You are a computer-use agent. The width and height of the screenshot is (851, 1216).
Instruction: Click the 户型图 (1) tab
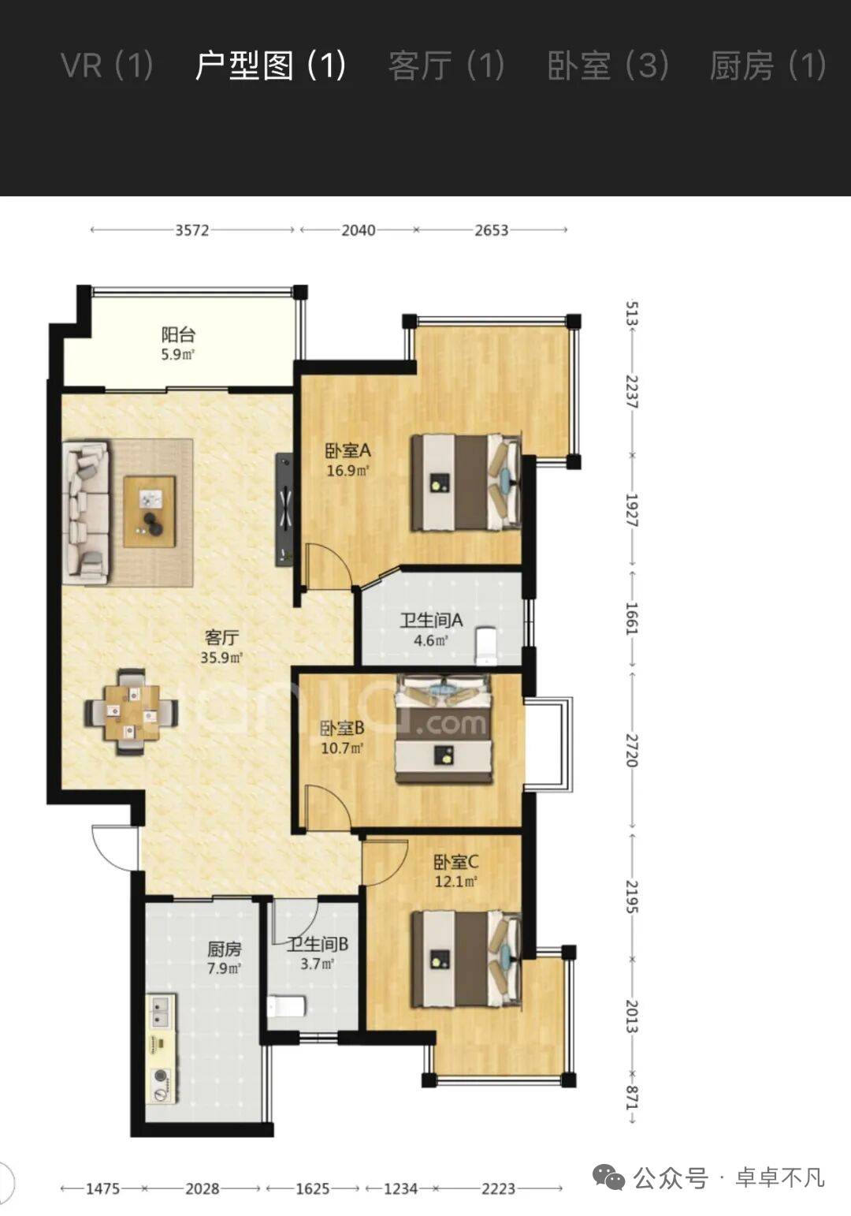(270, 65)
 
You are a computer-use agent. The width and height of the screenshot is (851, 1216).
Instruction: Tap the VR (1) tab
(107, 65)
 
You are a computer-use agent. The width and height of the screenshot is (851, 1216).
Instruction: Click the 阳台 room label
(178, 334)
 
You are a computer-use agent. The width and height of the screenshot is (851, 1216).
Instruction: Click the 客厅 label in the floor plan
(222, 636)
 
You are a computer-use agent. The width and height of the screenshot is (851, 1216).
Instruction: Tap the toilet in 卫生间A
(486, 646)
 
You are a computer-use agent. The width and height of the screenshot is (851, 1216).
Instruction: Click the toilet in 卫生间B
(287, 1007)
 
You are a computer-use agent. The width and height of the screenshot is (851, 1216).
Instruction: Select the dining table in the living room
(132, 711)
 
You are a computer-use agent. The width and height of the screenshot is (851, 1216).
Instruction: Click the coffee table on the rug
(150, 512)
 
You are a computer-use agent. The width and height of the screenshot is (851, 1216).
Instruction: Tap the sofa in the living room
(86, 512)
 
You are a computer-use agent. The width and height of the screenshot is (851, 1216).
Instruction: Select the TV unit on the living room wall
(284, 510)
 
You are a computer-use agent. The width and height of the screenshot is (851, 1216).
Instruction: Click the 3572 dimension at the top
(192, 230)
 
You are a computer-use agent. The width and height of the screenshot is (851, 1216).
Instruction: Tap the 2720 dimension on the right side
(632, 750)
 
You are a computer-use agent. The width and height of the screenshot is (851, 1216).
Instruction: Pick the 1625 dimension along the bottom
(312, 1189)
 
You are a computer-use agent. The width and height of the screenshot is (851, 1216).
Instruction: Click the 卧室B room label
(342, 727)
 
